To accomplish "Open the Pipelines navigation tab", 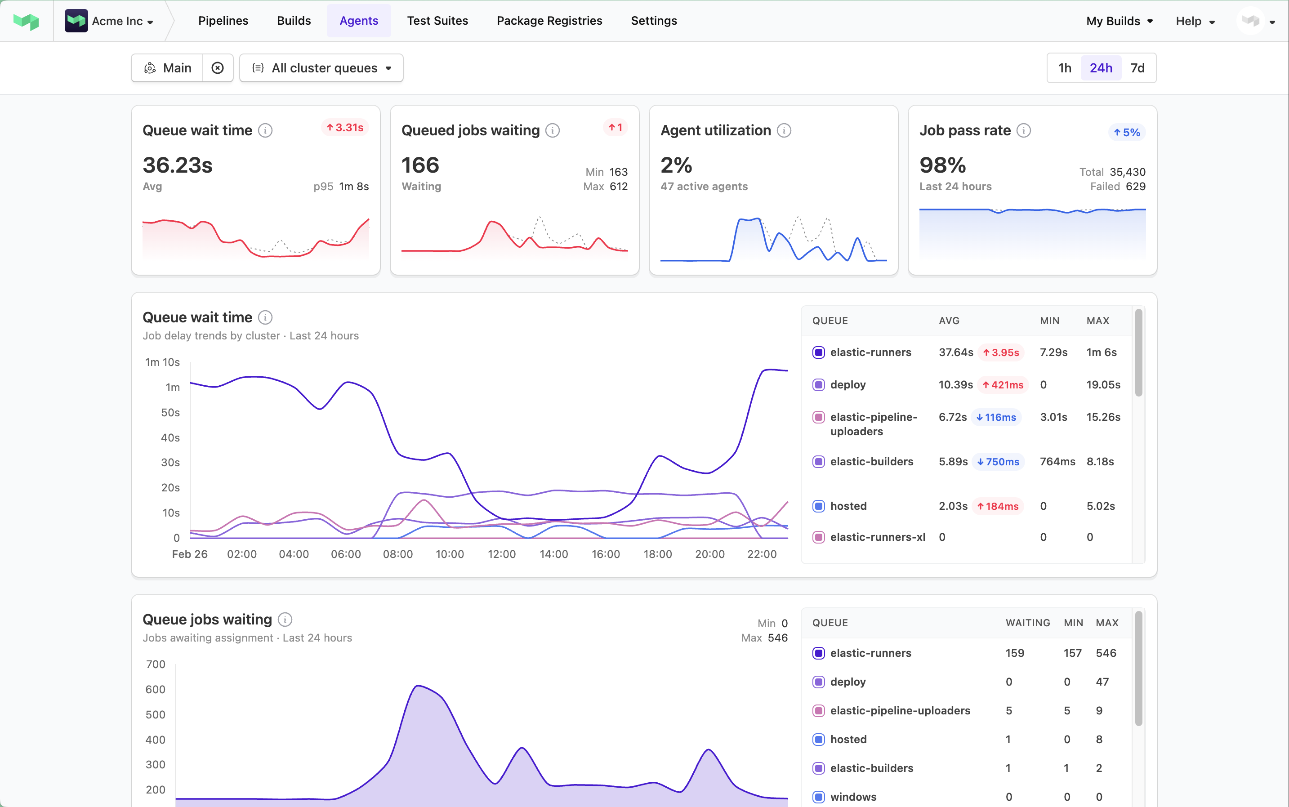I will point(223,21).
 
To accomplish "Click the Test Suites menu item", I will point(437,21).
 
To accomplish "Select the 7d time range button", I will point(1137,68).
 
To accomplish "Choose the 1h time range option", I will point(1064,68).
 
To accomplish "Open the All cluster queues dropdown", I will point(321,68).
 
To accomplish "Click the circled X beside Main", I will point(217,68).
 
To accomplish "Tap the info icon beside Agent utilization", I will point(784,130).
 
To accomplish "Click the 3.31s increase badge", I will point(345,128).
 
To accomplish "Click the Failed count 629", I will point(1135,186).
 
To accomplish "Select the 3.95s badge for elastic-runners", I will point(1001,352).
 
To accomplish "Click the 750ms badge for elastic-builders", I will point(998,462).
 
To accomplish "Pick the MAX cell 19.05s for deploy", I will point(1103,385).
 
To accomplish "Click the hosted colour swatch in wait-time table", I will point(818,506).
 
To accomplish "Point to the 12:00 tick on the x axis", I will point(501,554).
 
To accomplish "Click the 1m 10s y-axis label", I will point(162,362).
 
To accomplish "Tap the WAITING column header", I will point(1027,623).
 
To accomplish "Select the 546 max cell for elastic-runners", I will point(1106,653).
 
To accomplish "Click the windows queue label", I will point(853,797).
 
